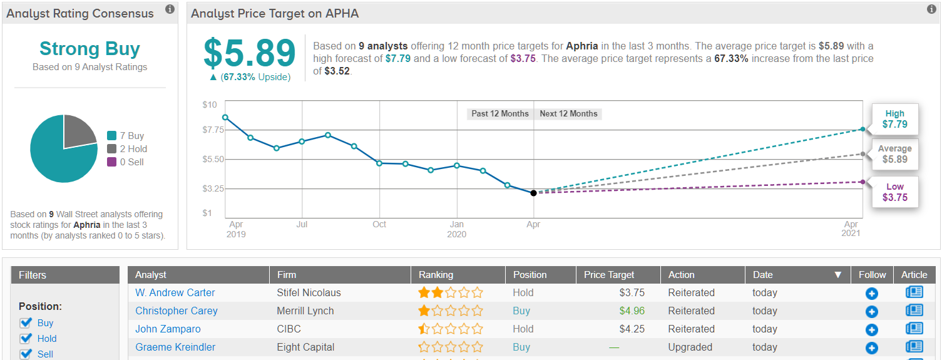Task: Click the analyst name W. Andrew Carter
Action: [x=175, y=292]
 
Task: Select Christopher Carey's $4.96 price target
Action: [x=632, y=311]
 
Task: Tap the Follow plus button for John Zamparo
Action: [x=871, y=329]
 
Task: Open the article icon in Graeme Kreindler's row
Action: [x=914, y=347]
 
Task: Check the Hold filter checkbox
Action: [x=26, y=339]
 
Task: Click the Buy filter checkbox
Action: [x=26, y=323]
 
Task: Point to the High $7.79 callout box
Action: [x=894, y=119]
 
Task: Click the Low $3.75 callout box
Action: [x=894, y=192]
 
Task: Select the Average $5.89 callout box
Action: [x=894, y=154]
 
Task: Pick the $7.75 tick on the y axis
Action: [x=212, y=130]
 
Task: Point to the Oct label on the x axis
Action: [x=379, y=224]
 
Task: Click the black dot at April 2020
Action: [x=533, y=193]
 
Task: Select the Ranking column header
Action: [x=436, y=275]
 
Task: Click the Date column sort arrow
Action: [x=837, y=275]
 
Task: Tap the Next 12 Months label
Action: [x=568, y=114]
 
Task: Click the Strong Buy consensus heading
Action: [x=90, y=49]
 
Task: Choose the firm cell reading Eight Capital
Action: [x=305, y=347]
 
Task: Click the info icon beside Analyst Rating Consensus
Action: [x=170, y=9]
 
